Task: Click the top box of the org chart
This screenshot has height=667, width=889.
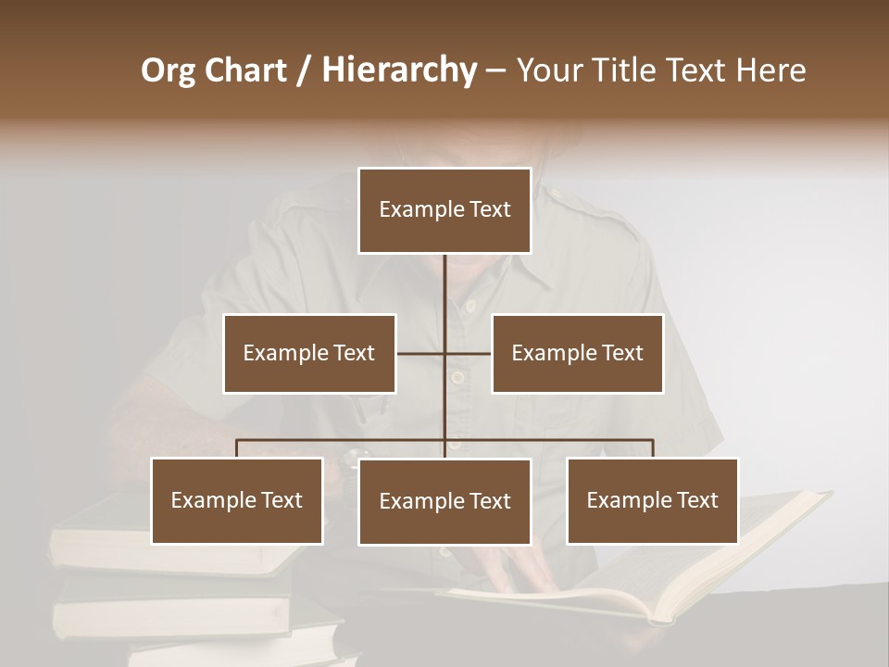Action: (x=444, y=210)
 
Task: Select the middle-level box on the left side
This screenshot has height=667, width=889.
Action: (x=309, y=353)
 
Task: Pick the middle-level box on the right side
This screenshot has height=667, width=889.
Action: (x=577, y=353)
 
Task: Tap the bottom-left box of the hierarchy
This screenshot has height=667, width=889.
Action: (x=237, y=500)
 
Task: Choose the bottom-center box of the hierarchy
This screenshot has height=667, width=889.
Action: (x=444, y=501)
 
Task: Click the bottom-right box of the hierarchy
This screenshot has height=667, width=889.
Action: (x=652, y=500)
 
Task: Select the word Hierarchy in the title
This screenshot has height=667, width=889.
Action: (x=398, y=70)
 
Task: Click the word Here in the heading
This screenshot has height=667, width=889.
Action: (x=770, y=70)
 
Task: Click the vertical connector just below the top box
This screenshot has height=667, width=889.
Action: (x=444, y=278)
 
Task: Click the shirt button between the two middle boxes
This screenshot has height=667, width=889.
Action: (x=456, y=377)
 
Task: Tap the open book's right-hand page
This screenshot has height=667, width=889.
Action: (x=741, y=547)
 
